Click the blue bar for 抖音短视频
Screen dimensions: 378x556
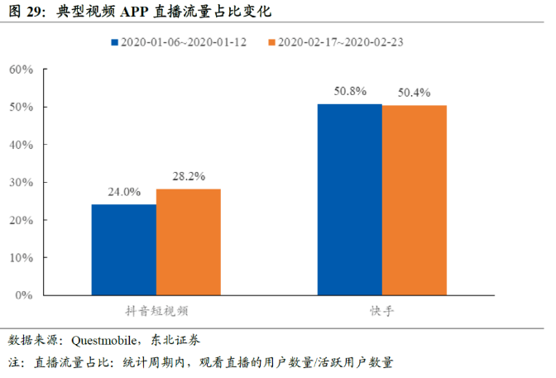point(123,249)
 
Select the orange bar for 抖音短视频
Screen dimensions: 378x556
point(188,242)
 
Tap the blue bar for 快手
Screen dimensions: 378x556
point(350,199)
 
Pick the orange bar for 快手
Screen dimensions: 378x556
point(414,200)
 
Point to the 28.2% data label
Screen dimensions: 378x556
point(189,176)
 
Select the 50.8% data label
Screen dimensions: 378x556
point(349,91)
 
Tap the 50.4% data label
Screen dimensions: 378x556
point(414,93)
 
